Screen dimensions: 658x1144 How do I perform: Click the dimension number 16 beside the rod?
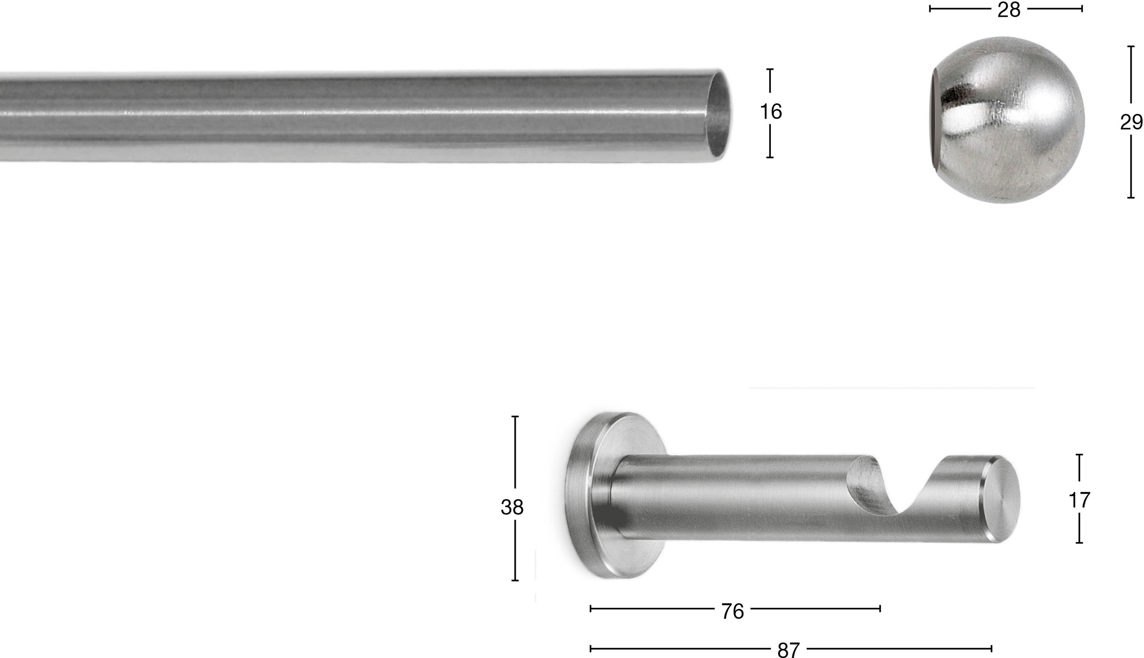(x=771, y=112)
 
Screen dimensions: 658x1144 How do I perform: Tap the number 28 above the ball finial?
(x=1009, y=10)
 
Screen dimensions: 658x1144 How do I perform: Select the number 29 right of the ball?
(x=1131, y=123)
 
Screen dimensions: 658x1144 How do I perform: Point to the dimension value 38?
(x=512, y=507)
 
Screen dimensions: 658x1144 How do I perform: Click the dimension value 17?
(x=1079, y=500)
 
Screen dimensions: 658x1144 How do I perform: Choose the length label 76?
(x=732, y=612)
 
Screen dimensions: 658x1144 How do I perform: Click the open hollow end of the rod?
(x=718, y=114)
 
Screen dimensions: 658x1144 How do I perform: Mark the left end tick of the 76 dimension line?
(x=591, y=608)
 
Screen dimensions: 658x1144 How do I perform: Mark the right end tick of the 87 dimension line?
(x=991, y=648)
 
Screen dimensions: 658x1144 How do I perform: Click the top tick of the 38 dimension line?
(x=515, y=417)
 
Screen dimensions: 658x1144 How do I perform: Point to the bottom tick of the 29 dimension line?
(x=1131, y=197)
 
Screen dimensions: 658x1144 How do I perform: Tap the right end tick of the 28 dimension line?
(x=1082, y=9)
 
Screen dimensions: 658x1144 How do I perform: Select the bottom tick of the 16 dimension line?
(x=770, y=157)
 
